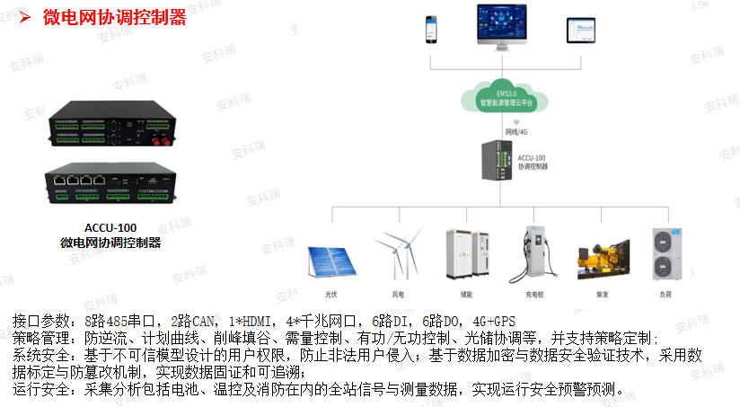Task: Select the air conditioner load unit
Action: pyautogui.click(x=665, y=255)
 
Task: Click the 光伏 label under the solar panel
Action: pyautogui.click(x=331, y=294)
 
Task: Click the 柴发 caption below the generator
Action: pyautogui.click(x=603, y=294)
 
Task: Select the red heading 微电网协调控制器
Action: pyautogui.click(x=115, y=17)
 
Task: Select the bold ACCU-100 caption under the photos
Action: pyautogui.click(x=110, y=226)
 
